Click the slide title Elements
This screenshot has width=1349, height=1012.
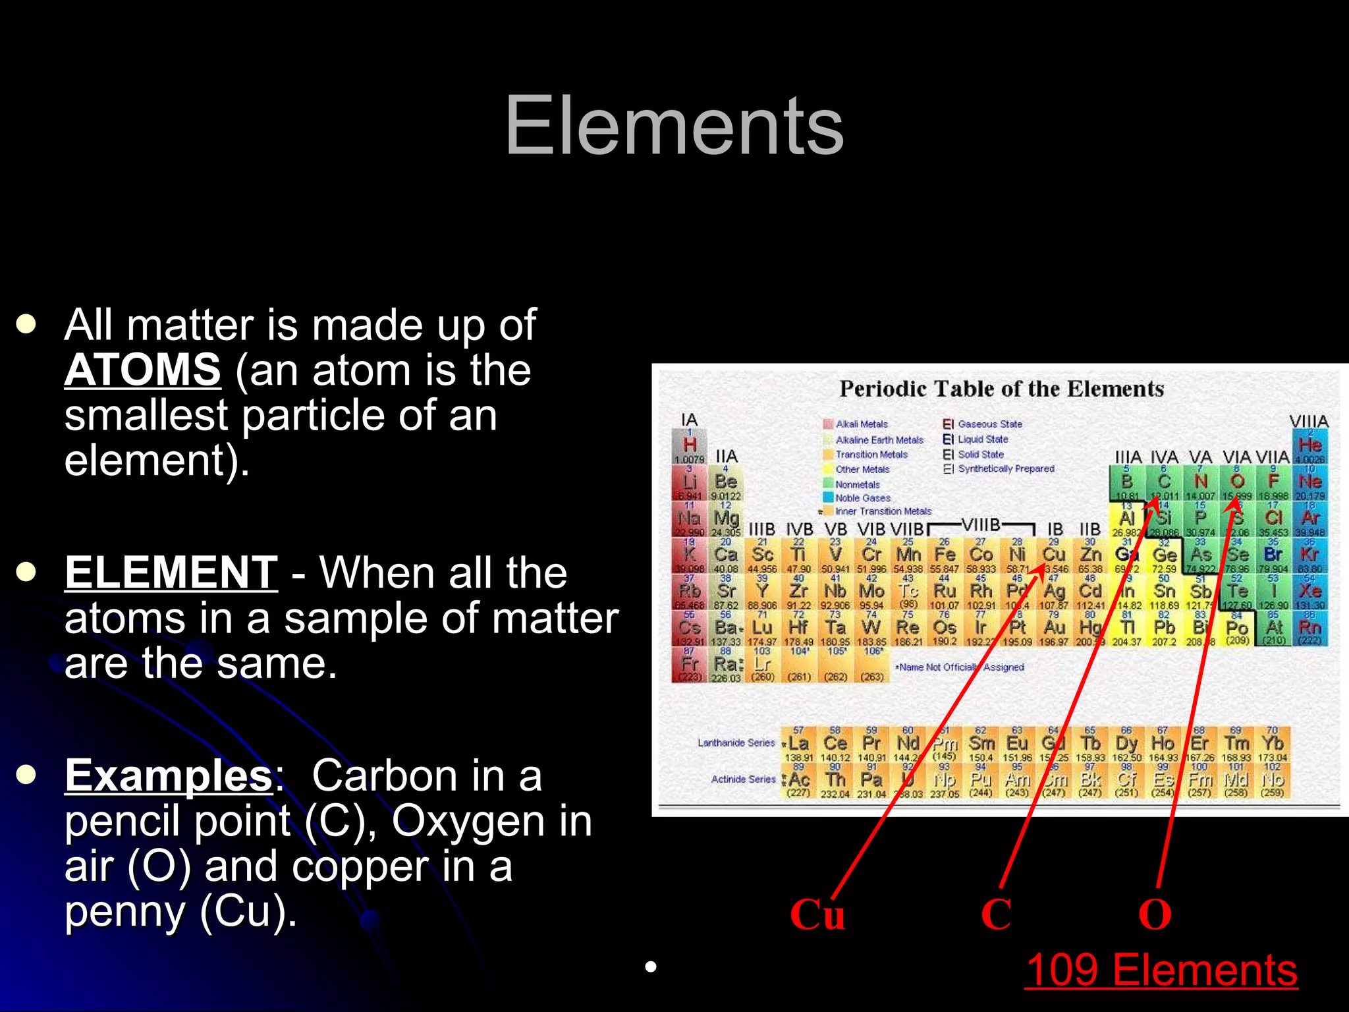(x=674, y=125)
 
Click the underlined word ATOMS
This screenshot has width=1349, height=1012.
(x=142, y=370)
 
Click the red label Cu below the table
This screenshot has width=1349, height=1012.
(x=817, y=914)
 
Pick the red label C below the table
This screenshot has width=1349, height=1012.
(x=996, y=914)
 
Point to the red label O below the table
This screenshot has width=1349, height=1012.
(x=1155, y=914)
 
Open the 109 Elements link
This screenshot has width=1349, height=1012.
(x=1161, y=970)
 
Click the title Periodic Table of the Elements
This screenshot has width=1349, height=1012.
(x=1001, y=389)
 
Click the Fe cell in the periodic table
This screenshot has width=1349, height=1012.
(x=945, y=555)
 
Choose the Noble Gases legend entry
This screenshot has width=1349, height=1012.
(x=862, y=498)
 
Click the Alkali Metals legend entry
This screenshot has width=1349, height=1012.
(x=861, y=424)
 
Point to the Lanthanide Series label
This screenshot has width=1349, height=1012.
(x=736, y=743)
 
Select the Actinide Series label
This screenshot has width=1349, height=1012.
(x=743, y=779)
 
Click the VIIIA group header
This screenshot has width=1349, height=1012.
(x=1308, y=421)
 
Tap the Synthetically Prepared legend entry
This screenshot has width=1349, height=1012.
(x=1005, y=468)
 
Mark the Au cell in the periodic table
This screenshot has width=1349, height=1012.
(x=1054, y=628)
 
